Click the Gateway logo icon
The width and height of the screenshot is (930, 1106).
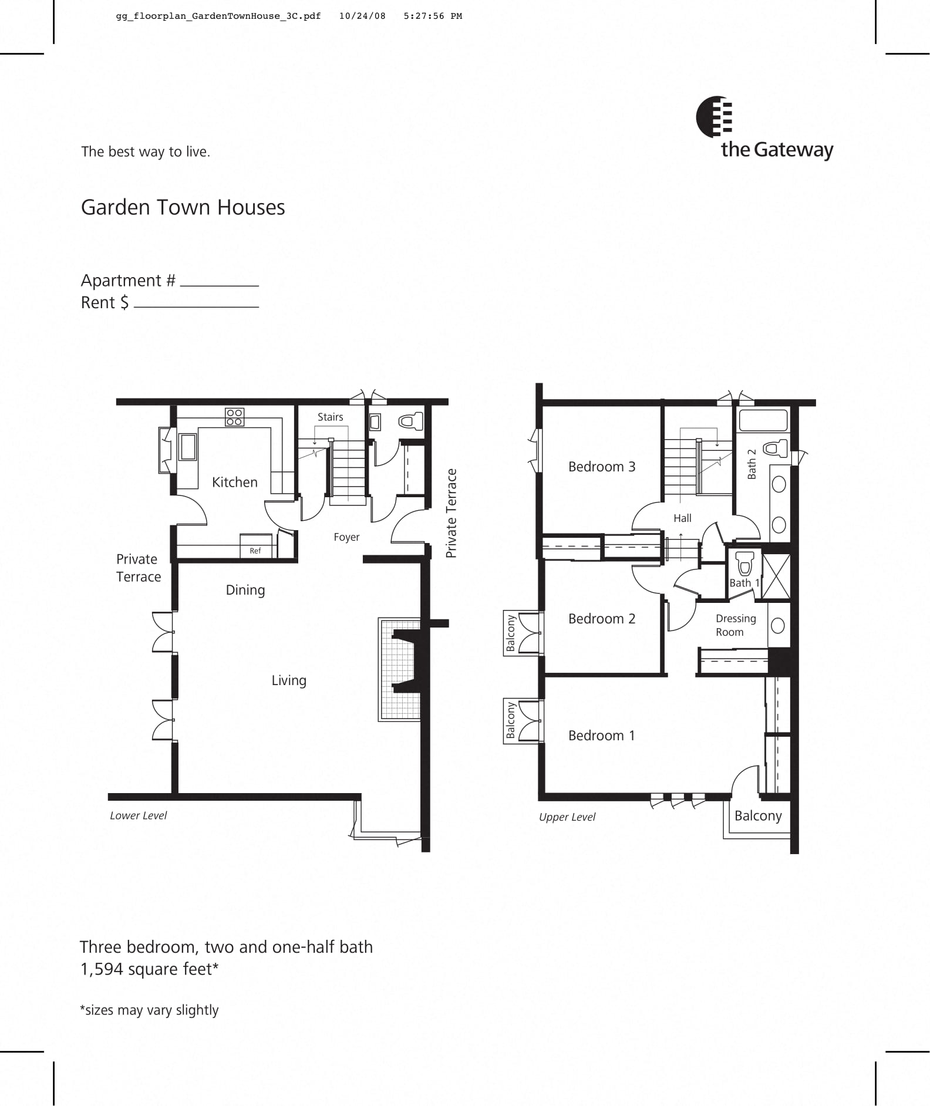tap(714, 117)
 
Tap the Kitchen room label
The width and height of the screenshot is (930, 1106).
tap(234, 482)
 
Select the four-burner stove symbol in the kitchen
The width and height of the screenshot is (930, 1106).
tap(234, 417)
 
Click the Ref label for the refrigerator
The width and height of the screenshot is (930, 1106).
tap(255, 551)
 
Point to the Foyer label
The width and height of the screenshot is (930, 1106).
tap(346, 537)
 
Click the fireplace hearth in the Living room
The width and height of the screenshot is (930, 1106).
tap(399, 669)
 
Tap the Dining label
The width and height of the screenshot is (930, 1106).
tap(245, 590)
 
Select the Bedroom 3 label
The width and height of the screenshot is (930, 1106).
tap(601, 467)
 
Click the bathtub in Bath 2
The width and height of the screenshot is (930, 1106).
tap(762, 421)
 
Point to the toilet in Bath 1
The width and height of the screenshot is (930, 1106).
tap(744, 563)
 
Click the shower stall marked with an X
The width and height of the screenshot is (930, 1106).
tap(776, 576)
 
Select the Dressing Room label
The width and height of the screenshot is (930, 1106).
tap(735, 625)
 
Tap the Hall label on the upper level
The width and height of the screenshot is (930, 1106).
tap(682, 518)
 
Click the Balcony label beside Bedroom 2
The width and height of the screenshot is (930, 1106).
tap(511, 633)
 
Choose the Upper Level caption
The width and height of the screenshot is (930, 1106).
tap(567, 817)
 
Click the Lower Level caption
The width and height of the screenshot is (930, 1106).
tap(138, 815)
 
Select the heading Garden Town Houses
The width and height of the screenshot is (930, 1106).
tap(183, 207)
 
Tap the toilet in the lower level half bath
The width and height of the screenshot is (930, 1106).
tap(410, 421)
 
